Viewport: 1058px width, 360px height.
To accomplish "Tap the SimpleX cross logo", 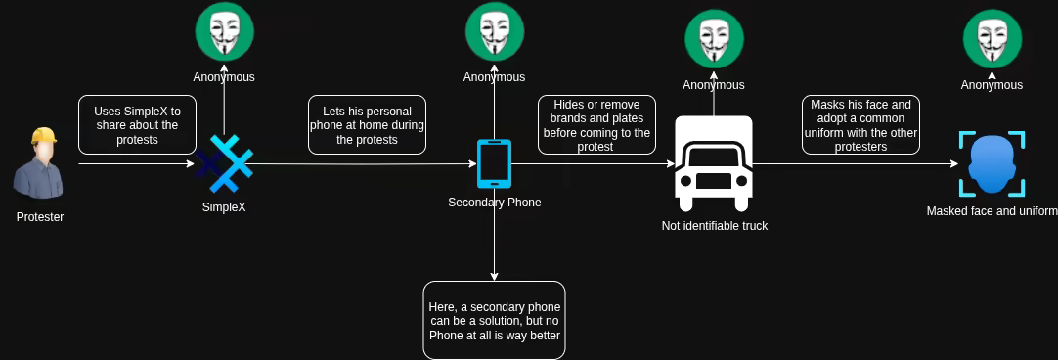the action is click(x=225, y=164).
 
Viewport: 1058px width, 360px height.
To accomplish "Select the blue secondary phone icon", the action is click(x=494, y=163).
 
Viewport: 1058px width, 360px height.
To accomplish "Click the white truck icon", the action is click(x=714, y=163).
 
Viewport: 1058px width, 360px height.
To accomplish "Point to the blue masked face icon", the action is click(x=992, y=164).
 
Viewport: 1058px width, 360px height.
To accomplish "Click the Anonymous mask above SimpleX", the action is click(x=225, y=31).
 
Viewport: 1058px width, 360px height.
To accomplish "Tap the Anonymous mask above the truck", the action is click(x=714, y=39).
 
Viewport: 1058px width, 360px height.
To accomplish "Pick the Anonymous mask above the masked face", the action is click(x=992, y=39).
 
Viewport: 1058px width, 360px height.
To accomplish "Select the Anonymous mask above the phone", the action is click(x=494, y=31).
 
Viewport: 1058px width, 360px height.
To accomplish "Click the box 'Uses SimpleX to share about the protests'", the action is click(x=136, y=125).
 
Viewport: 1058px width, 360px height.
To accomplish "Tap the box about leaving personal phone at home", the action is click(x=367, y=125).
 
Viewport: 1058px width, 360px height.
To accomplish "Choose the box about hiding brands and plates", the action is click(x=596, y=125).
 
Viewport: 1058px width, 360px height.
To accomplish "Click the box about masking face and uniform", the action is click(x=860, y=125).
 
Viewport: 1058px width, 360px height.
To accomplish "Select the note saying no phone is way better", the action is click(x=494, y=320).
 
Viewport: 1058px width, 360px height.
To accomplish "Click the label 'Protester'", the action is click(x=40, y=217).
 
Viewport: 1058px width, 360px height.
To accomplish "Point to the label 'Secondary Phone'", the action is click(x=495, y=202).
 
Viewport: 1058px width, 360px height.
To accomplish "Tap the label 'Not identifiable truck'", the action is click(x=715, y=226).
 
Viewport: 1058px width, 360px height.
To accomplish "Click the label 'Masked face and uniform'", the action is click(x=992, y=211).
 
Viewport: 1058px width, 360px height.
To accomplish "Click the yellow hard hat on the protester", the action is click(x=43, y=135).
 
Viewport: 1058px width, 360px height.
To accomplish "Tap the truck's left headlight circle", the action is click(x=686, y=182).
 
